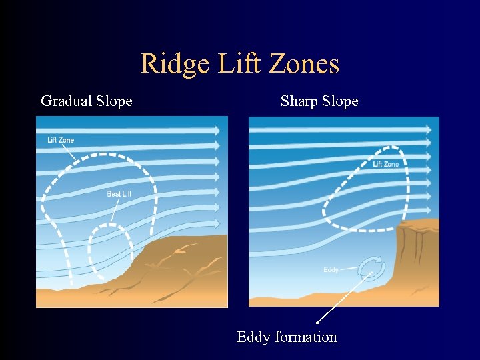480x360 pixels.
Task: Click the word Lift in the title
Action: coord(231,64)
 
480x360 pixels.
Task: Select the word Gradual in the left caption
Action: coord(65,101)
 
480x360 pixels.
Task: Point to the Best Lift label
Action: coord(119,194)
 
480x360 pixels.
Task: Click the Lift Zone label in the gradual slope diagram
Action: coord(61,140)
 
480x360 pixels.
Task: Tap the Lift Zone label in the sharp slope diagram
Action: coord(386,164)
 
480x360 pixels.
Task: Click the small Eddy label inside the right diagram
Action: coord(331,270)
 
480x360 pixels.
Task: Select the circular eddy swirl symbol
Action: coord(371,268)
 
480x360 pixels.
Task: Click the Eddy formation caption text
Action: coord(287,337)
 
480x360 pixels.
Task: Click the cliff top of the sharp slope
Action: coord(417,225)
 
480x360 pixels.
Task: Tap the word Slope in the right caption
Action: coord(340,101)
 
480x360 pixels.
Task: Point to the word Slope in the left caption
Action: coord(114,101)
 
